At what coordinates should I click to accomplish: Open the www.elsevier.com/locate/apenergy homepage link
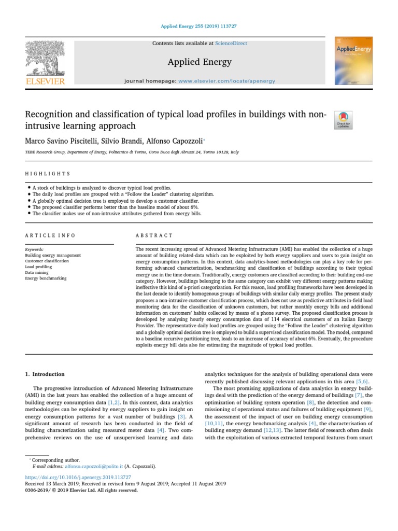(227, 81)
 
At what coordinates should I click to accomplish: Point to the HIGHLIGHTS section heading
(47, 174)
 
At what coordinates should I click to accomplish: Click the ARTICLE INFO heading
(50, 235)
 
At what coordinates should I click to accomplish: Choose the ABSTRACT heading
(154, 235)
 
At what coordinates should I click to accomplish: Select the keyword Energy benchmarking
(46, 278)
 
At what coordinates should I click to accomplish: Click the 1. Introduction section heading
(45, 374)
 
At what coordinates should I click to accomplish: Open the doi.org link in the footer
(78, 477)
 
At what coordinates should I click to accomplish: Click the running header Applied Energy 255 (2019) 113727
(200, 26)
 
